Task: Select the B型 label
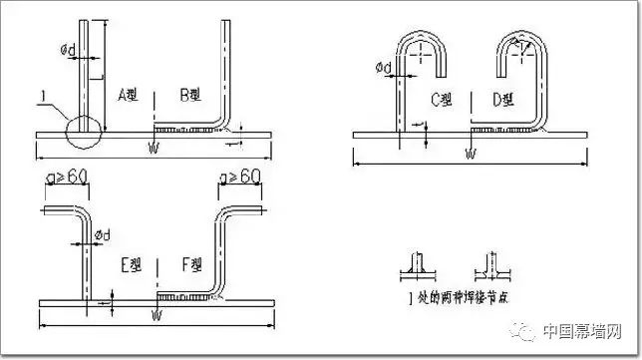point(189,95)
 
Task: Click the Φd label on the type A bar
point(68,45)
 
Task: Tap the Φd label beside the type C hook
point(384,68)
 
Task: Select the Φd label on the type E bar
point(104,235)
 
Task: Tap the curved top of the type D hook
point(519,38)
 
